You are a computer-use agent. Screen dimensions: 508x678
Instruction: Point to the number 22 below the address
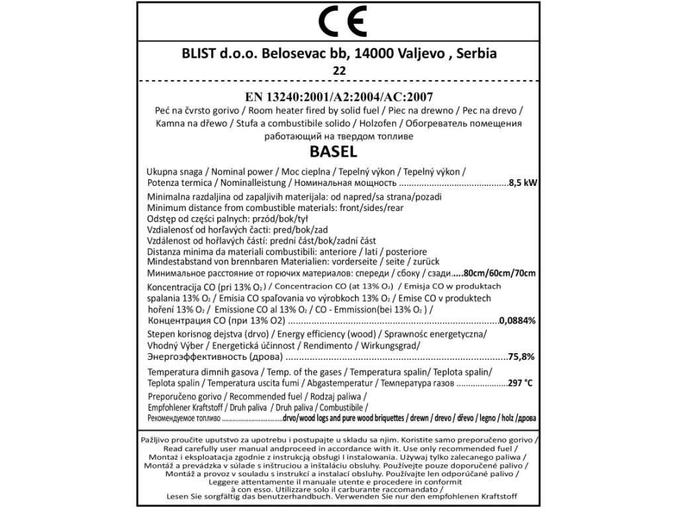coord(340,69)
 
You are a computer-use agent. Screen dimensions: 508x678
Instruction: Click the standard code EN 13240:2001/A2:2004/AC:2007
coord(340,96)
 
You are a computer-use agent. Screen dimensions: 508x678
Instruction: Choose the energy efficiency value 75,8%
coord(522,357)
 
